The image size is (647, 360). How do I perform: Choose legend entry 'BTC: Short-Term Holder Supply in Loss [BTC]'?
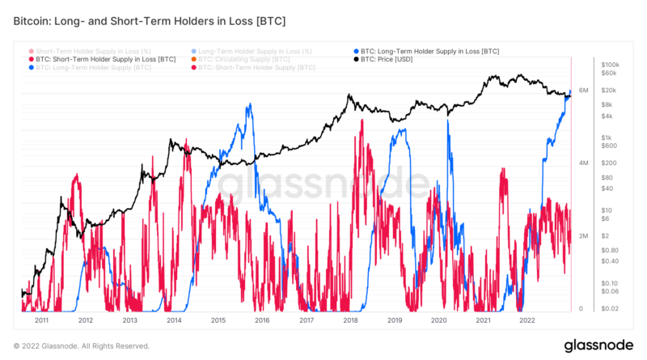click(x=105, y=59)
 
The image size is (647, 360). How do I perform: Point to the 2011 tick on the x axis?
click(x=40, y=320)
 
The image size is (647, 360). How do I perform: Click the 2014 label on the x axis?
click(x=173, y=320)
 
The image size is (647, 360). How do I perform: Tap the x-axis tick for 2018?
click(x=350, y=320)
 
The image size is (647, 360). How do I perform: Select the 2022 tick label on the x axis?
click(x=526, y=320)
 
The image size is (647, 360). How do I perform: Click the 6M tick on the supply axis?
click(x=583, y=91)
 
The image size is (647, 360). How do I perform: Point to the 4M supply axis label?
click(x=583, y=163)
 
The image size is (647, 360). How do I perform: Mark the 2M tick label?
click(x=583, y=235)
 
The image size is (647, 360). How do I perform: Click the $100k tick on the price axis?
click(x=611, y=64)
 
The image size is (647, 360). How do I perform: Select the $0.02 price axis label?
click(x=610, y=308)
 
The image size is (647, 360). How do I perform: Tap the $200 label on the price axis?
click(x=609, y=163)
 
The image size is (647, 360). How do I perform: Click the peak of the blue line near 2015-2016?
click(x=251, y=104)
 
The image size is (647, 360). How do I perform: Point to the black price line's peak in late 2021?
click(x=493, y=76)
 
